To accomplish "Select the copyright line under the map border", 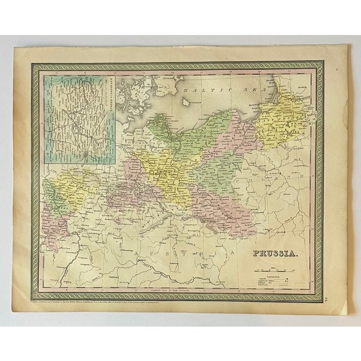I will [x=141, y=303].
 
